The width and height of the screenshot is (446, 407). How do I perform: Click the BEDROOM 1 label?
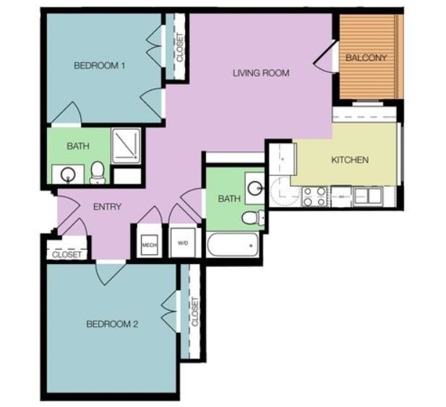coord(100,66)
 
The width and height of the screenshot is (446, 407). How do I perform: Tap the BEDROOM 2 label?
coord(112,324)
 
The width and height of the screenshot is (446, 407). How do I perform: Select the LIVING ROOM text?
coord(261,73)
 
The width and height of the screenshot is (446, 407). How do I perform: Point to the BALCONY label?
coord(366,58)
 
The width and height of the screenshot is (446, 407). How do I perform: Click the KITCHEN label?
coord(350,159)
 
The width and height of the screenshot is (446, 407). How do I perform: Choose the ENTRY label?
coord(107,207)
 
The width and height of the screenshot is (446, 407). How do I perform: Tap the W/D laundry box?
coord(182,244)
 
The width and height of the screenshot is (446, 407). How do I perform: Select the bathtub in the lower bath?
coord(232,246)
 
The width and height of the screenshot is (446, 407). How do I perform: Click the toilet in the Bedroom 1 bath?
coord(98,172)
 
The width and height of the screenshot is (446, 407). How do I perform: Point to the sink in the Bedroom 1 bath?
coord(67,174)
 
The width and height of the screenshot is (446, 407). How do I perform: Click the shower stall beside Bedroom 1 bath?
coord(126,145)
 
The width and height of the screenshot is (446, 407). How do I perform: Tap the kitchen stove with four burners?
coord(315,196)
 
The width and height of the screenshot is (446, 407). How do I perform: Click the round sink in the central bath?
coord(255,188)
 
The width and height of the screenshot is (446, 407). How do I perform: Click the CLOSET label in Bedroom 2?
coord(194,312)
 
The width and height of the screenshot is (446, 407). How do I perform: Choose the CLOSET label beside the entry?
coord(67,254)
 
